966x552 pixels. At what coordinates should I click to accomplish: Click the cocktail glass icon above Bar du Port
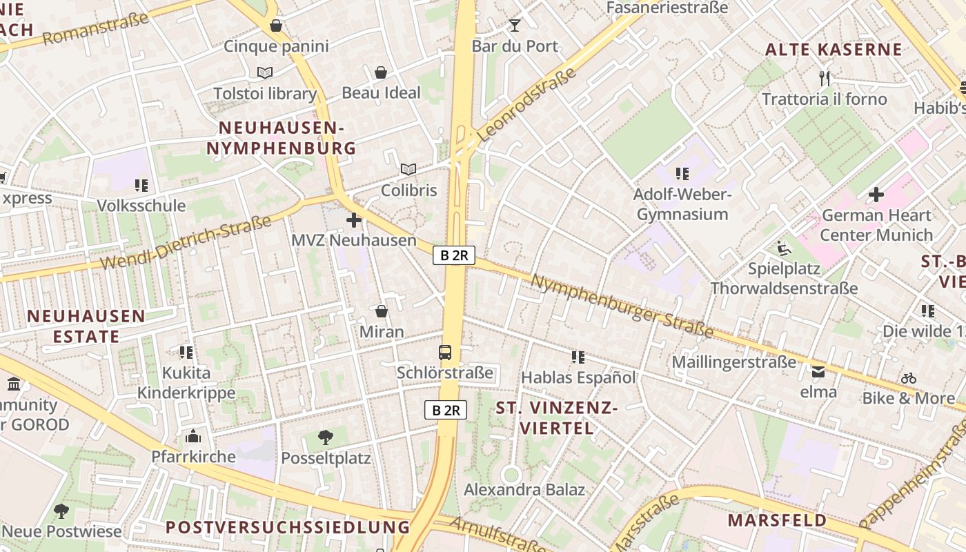click(x=515, y=26)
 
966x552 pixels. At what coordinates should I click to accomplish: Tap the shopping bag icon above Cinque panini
click(x=276, y=26)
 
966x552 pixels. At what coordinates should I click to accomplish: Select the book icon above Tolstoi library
click(x=265, y=72)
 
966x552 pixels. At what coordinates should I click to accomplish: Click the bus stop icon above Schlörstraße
click(x=445, y=353)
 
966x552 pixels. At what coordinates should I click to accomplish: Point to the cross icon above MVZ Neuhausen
click(x=354, y=220)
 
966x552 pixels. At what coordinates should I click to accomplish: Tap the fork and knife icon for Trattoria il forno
click(x=824, y=78)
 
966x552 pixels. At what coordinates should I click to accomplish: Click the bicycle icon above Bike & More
click(x=909, y=378)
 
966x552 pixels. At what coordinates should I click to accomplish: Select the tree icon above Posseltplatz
click(x=326, y=437)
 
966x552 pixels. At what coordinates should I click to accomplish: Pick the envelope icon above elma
click(x=818, y=372)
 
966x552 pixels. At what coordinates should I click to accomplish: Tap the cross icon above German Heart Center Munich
click(x=876, y=195)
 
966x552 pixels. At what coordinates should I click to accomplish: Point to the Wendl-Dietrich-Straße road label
click(x=186, y=243)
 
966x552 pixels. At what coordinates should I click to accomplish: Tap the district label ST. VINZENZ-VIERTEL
click(x=556, y=418)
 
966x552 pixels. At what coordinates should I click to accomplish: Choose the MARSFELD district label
click(x=777, y=520)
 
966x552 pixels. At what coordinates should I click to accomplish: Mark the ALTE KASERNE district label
click(x=834, y=50)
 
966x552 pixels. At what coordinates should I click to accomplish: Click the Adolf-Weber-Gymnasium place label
click(x=682, y=204)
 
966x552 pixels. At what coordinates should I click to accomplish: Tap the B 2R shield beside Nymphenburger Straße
click(x=454, y=255)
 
